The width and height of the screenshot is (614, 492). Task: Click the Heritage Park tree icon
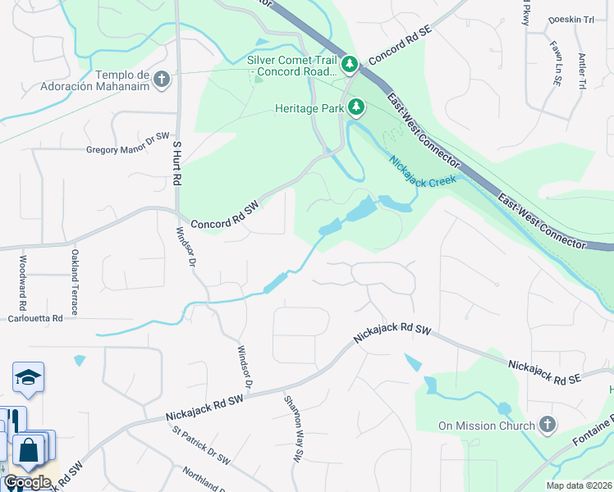356,107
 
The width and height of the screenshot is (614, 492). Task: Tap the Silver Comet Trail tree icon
351,63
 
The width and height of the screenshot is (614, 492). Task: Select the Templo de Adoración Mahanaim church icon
162,80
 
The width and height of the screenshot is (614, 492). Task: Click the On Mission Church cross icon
548,425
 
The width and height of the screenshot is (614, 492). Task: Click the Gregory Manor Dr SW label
127,150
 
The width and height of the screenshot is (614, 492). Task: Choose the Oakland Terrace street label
74,283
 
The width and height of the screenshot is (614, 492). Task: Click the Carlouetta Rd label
35,318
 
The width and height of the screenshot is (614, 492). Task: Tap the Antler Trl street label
581,71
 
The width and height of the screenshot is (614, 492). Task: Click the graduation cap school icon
28,378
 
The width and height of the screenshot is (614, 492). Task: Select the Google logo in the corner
26,481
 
